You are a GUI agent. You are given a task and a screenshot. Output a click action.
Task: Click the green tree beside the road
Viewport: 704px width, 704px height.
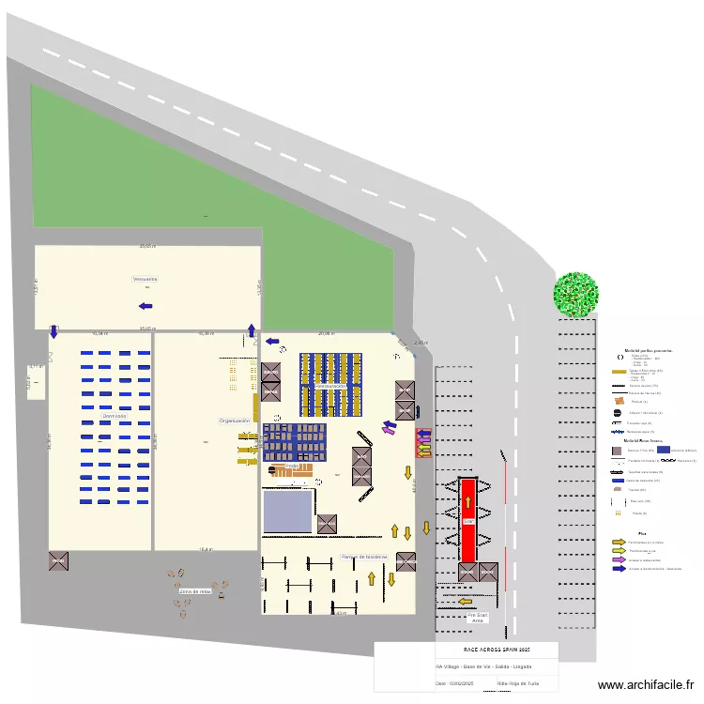point(575,293)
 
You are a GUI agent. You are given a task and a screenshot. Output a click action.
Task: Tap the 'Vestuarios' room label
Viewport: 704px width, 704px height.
point(145,279)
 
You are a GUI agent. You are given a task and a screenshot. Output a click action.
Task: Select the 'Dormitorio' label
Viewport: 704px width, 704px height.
point(115,415)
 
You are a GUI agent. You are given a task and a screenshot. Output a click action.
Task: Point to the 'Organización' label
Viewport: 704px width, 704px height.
point(235,421)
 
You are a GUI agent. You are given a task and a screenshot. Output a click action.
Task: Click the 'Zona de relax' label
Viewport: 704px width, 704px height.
point(194,591)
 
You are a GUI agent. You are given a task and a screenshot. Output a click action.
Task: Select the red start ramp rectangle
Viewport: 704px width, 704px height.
point(467,520)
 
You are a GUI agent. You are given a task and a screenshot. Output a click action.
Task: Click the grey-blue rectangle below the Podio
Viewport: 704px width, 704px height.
point(288,511)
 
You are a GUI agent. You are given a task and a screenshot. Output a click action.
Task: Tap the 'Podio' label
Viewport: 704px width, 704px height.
point(292,466)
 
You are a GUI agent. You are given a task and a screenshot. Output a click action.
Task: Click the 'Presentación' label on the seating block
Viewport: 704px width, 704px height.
point(331,386)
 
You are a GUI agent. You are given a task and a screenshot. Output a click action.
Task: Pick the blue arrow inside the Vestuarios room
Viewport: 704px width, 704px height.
point(145,306)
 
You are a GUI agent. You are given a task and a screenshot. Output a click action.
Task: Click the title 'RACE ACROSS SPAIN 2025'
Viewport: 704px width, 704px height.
point(497,649)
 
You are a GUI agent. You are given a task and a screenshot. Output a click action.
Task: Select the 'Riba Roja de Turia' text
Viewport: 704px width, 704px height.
point(516,683)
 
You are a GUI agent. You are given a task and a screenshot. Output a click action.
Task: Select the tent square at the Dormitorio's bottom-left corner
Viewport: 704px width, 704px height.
point(58,560)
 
